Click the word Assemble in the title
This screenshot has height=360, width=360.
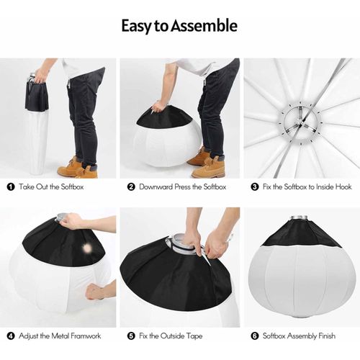point(204,25)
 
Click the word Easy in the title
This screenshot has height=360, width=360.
point(137,26)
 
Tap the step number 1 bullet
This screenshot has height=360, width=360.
point(11,187)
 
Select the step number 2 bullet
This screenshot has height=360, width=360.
point(131,187)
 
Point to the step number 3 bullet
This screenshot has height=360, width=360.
point(255,187)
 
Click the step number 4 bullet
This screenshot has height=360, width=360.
point(11,336)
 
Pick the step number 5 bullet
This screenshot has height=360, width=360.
point(131,336)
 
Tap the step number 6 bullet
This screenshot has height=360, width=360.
point(255,336)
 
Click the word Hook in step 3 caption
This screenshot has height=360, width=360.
point(343,186)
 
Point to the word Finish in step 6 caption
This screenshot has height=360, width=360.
point(327,336)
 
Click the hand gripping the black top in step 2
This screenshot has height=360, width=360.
point(158,106)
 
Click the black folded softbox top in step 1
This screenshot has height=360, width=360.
point(37,96)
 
